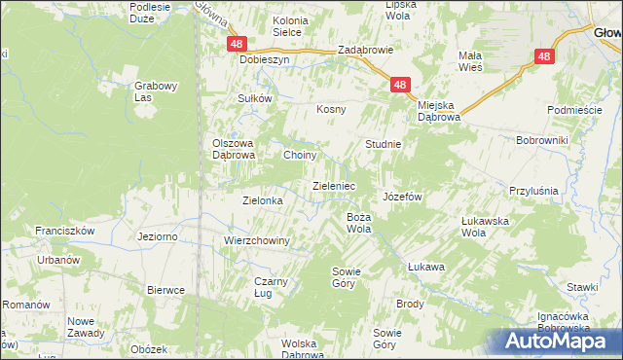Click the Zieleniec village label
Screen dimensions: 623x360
tap(333, 185)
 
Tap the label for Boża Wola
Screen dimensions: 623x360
tap(359, 223)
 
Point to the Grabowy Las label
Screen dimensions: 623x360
tap(156, 90)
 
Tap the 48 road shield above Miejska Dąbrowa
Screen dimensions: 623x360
tap(400, 86)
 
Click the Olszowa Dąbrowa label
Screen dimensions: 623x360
tap(234, 148)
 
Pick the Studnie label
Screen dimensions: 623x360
tap(384, 144)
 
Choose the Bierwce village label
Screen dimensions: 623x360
tap(165, 290)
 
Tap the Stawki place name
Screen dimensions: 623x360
tap(582, 287)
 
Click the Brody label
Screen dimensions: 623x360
tap(410, 304)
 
